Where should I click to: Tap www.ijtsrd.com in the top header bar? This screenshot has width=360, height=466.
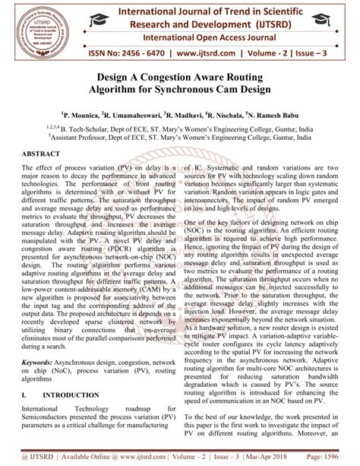(201, 55)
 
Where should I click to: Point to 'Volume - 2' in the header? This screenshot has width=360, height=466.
(267, 55)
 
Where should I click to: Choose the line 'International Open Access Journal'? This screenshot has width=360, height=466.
(211, 36)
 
